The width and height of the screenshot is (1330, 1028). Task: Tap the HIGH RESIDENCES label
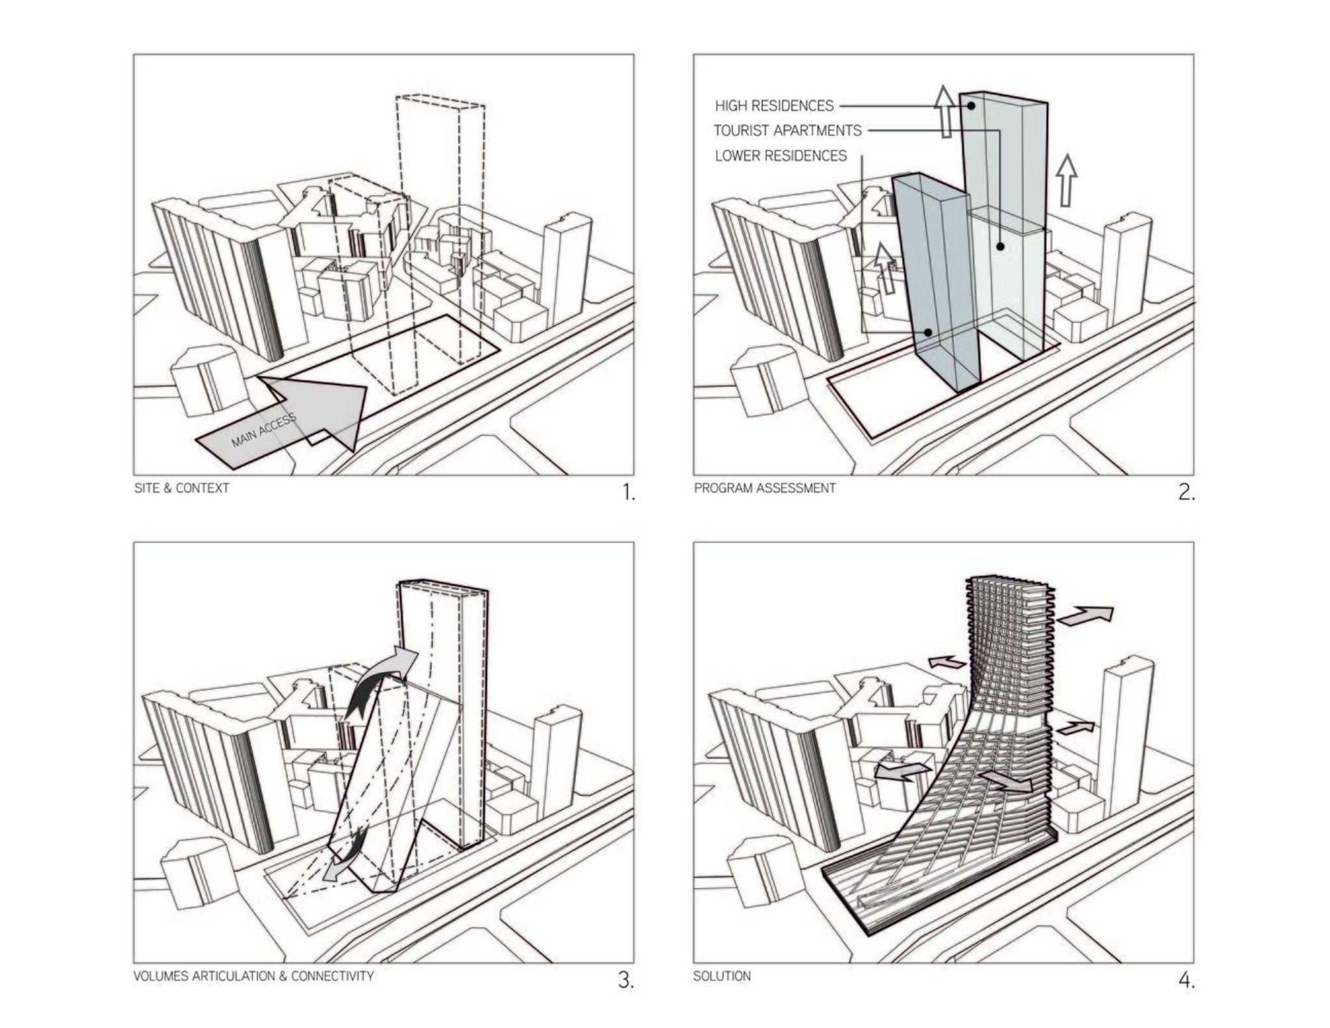pyautogui.click(x=773, y=106)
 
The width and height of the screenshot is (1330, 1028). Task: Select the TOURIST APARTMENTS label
pyautogui.click(x=787, y=131)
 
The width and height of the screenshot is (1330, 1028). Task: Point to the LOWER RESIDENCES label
pyautogui.click(x=781, y=156)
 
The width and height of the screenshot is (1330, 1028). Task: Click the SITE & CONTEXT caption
pyautogui.click(x=181, y=488)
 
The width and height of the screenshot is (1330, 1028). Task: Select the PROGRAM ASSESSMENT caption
pyautogui.click(x=764, y=488)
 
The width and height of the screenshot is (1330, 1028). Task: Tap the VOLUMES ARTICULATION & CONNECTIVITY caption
pyautogui.click(x=253, y=975)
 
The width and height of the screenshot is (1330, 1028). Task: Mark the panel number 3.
pyautogui.click(x=625, y=980)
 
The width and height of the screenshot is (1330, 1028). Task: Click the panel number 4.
pyautogui.click(x=1186, y=980)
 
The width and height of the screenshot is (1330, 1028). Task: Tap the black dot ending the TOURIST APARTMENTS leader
pyautogui.click(x=999, y=246)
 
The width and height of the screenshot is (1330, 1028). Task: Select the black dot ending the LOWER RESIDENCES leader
pyautogui.click(x=929, y=332)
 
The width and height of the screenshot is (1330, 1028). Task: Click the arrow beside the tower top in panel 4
pyautogui.click(x=1086, y=615)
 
